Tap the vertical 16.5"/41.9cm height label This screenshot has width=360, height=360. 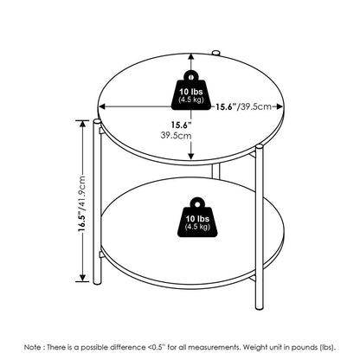82,202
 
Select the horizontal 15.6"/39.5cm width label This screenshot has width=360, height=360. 244,106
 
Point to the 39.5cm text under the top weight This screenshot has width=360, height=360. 176,135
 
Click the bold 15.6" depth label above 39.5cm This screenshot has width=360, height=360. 181,125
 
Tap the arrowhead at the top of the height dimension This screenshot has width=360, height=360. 82,124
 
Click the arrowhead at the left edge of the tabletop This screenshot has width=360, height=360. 103,106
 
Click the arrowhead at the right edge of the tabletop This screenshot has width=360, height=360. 279,106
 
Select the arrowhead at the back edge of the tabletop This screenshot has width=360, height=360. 190,57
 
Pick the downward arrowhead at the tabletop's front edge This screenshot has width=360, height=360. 190,156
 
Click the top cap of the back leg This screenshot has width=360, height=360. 215,52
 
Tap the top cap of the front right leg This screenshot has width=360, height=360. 259,147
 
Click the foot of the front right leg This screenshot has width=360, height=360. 260,307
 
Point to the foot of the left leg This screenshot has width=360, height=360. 97,282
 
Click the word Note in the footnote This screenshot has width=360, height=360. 33,347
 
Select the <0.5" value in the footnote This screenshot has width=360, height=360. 157,347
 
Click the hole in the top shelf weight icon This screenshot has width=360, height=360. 190,77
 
